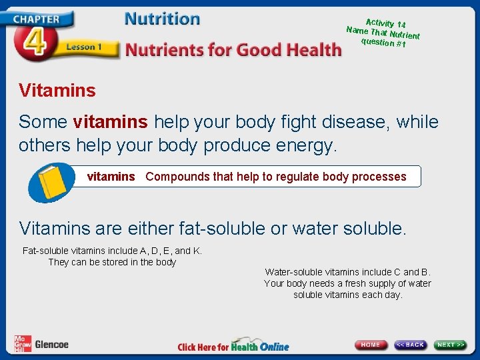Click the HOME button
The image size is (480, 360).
tap(371, 345)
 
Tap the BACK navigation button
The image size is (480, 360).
tap(410, 345)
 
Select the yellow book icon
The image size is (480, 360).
tap(51, 181)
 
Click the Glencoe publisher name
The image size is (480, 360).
tap(51, 345)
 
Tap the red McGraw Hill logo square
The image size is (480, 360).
tap(22, 343)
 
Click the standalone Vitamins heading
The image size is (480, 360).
tap(57, 90)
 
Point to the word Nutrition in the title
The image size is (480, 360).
tap(162, 19)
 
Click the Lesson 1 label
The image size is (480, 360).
tap(83, 47)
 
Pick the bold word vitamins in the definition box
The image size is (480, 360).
tap(111, 177)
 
